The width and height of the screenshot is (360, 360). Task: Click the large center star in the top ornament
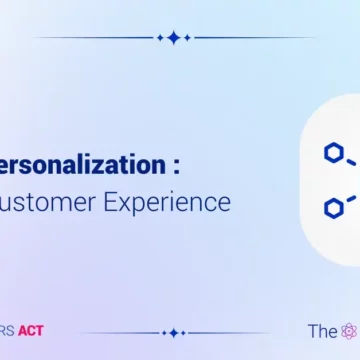[x=174, y=38]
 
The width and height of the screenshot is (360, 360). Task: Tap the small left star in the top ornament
[x=160, y=38]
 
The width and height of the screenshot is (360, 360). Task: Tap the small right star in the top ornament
[x=188, y=38]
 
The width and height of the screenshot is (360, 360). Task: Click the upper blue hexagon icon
[x=332, y=152]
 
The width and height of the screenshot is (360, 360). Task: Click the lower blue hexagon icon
[x=332, y=206]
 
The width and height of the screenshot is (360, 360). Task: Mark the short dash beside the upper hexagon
[x=352, y=160]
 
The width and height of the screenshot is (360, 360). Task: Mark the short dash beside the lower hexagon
[x=352, y=199]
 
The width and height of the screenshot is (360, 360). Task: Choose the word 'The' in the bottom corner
[x=322, y=331]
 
